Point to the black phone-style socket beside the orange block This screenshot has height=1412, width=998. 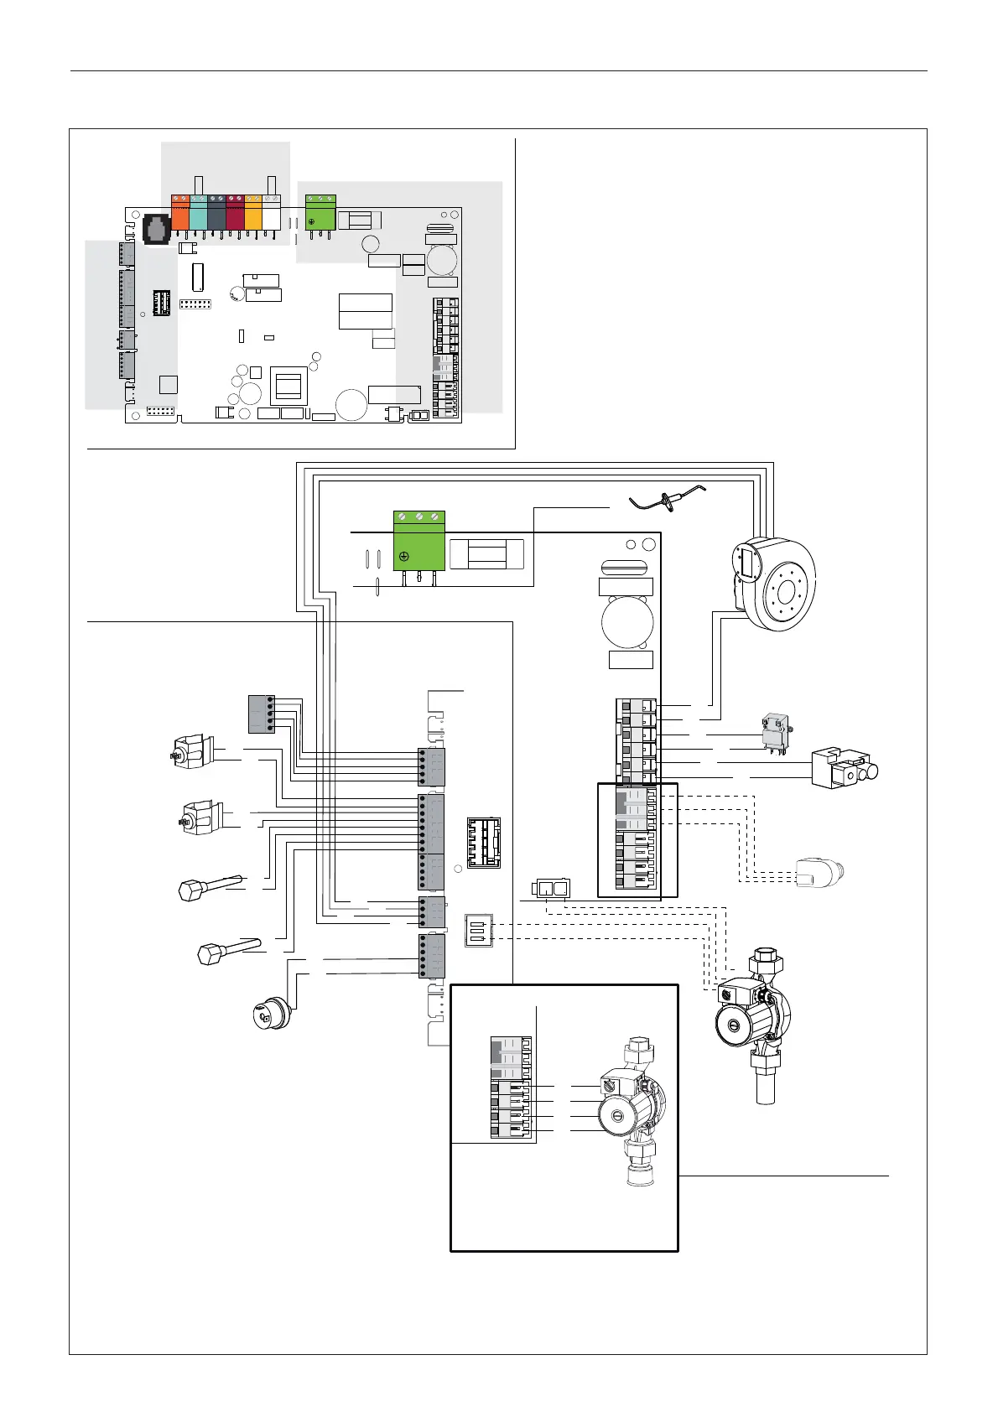pyautogui.click(x=157, y=227)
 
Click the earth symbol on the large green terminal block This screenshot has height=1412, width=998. pyautogui.click(x=405, y=557)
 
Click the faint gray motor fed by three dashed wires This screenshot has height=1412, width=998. pyautogui.click(x=819, y=872)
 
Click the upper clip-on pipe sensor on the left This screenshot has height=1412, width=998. pyautogui.click(x=191, y=748)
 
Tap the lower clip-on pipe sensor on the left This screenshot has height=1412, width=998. pyautogui.click(x=200, y=815)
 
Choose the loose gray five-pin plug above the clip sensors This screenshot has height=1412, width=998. pyautogui.click(x=262, y=714)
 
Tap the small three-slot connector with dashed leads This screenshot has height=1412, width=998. pyautogui.click(x=479, y=931)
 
